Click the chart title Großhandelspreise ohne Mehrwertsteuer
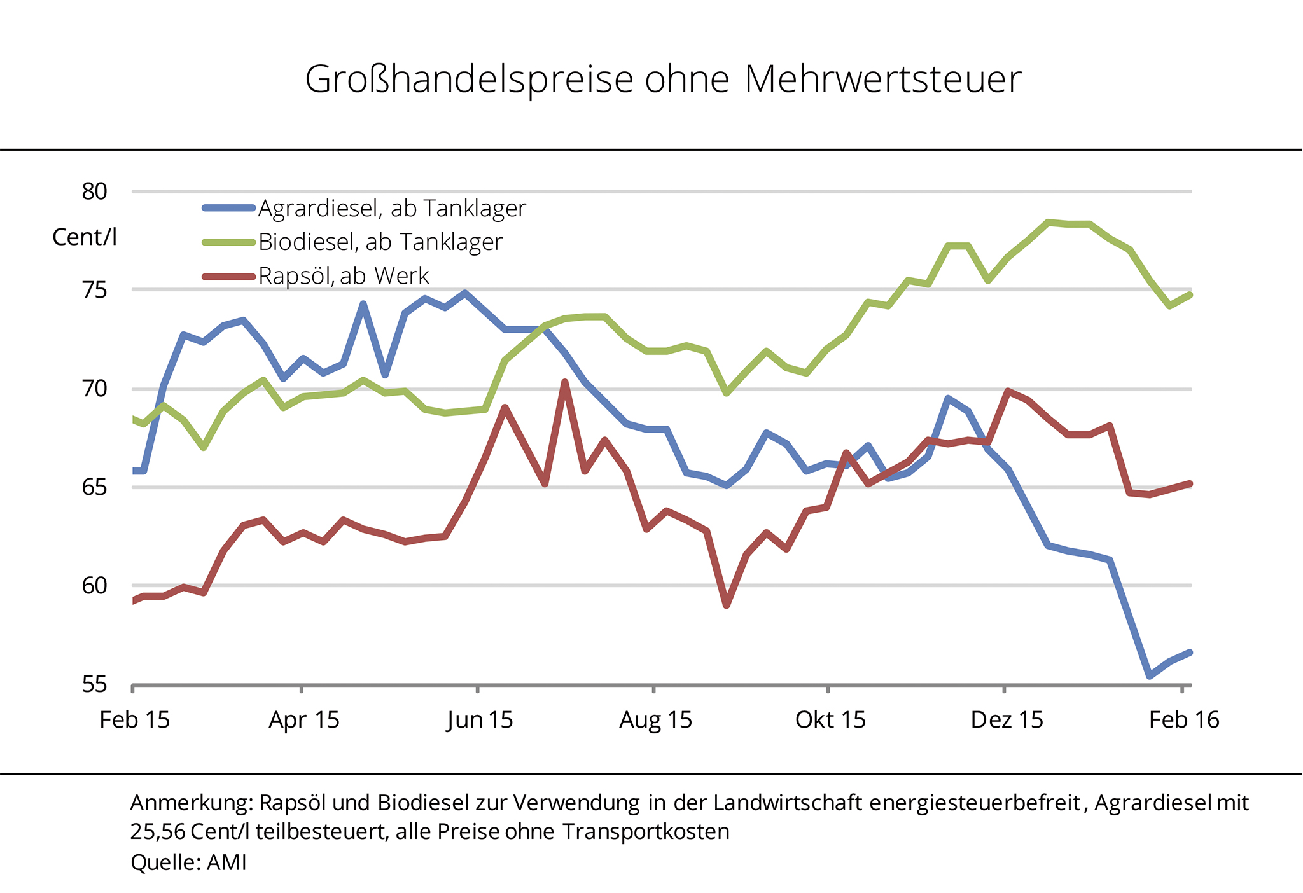[x=662, y=80]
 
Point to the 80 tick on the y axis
[x=94, y=191]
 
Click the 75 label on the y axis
[x=94, y=290]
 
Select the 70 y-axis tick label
[x=94, y=389]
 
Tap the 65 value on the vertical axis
[x=94, y=487]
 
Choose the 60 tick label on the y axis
[x=94, y=586]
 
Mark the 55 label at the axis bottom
[x=94, y=685]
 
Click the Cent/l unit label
[x=85, y=237]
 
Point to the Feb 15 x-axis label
[x=135, y=720]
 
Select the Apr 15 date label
[x=304, y=720]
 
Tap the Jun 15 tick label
[x=480, y=720]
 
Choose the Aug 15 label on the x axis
[x=655, y=720]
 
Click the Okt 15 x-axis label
[x=830, y=720]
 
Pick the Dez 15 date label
[x=1007, y=720]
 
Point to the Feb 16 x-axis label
[x=1183, y=720]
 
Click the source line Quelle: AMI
[x=188, y=862]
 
